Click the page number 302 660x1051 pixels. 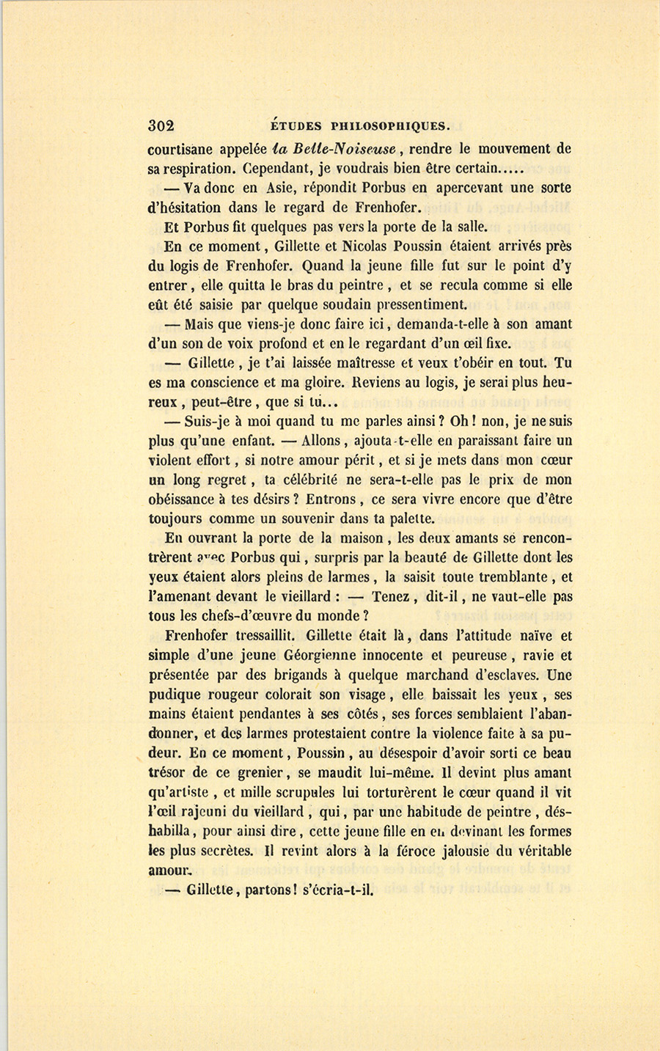click(x=161, y=125)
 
